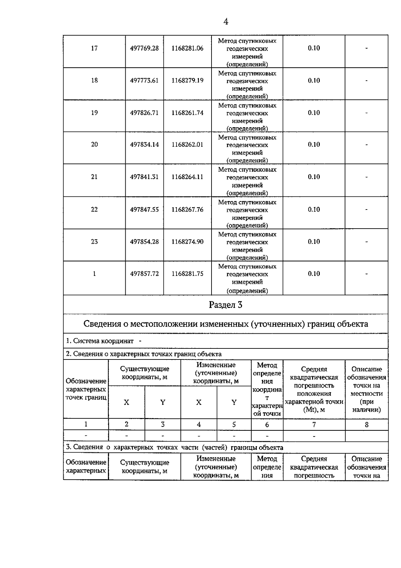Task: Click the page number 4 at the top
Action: point(226,22)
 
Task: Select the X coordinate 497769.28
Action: point(144,48)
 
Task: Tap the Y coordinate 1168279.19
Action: point(187,80)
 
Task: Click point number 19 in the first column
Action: point(94,113)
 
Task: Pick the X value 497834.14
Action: point(144,145)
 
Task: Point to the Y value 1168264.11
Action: point(187,177)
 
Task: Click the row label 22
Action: point(94,210)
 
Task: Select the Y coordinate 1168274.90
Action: point(187,242)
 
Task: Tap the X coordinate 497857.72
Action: point(144,274)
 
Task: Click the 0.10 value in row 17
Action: point(314,48)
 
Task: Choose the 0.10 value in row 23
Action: point(314,242)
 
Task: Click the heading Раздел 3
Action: point(226,305)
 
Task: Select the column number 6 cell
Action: point(267,424)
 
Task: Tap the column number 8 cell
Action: point(367,424)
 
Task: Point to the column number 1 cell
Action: point(86,424)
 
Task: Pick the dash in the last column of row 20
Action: point(367,145)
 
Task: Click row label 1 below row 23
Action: point(94,274)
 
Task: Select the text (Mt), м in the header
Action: point(314,410)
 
